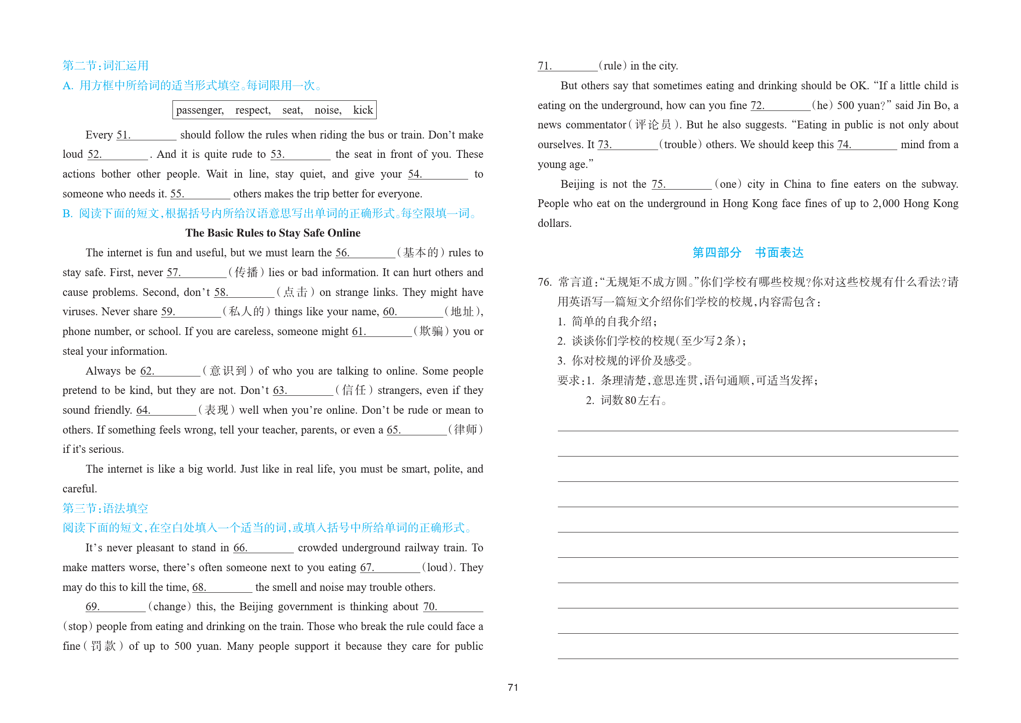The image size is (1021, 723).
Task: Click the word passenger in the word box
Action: coord(200,110)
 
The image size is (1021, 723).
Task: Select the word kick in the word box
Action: coord(363,110)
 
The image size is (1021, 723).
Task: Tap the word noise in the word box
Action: coord(327,110)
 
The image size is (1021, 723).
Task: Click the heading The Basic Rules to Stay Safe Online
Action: coord(273,233)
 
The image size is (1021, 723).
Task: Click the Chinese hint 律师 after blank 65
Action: coord(465,430)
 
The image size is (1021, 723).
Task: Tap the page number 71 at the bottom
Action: coord(513,688)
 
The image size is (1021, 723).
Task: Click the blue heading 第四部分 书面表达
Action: coord(748,253)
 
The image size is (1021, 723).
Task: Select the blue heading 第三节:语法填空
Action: coord(105,509)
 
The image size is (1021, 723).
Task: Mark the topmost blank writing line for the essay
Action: coord(757,430)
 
